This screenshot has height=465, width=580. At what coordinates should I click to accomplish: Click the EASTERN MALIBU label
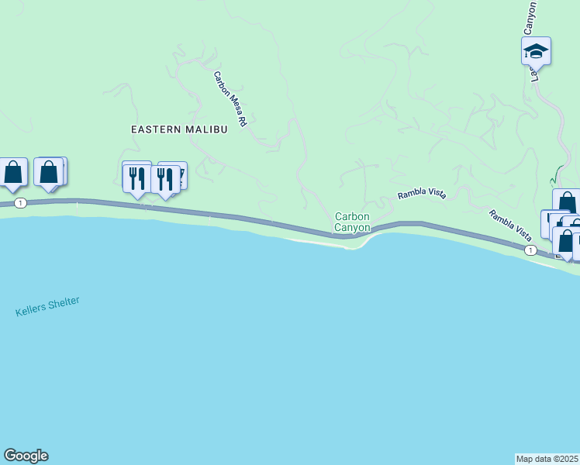(179, 129)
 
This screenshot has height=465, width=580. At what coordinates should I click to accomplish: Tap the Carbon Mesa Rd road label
(231, 99)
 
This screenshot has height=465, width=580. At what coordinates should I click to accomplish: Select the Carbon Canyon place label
(352, 222)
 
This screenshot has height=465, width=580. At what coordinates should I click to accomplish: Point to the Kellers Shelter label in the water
(47, 306)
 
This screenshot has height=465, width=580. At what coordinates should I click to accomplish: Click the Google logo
(26, 456)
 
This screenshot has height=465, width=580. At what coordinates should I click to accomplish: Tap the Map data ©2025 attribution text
(547, 458)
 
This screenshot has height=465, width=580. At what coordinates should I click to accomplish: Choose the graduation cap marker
(536, 52)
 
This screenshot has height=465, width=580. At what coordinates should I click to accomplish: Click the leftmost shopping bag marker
(13, 173)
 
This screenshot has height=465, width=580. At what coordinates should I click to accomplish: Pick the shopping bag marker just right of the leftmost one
(49, 173)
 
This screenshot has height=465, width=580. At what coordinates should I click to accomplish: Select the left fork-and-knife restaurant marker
(137, 177)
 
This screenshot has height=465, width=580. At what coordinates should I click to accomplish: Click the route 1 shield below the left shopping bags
(21, 203)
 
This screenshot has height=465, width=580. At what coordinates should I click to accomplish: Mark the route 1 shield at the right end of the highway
(530, 250)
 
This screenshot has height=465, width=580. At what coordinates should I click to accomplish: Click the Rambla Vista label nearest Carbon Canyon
(422, 195)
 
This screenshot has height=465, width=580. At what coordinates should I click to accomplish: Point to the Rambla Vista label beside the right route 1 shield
(509, 223)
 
